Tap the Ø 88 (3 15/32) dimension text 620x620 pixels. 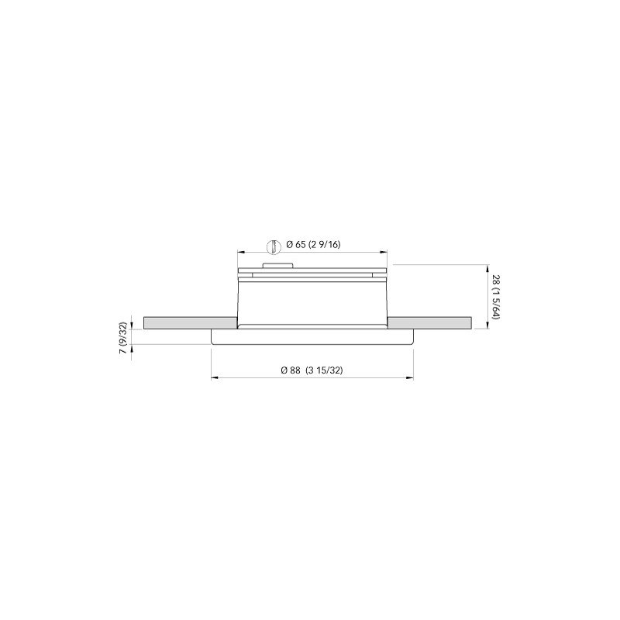pyautogui.click(x=312, y=370)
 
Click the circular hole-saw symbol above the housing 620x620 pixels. pyautogui.click(x=272, y=246)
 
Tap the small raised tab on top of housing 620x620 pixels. pyautogui.click(x=276, y=266)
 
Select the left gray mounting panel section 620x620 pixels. pyautogui.click(x=189, y=322)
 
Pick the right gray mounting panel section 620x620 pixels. pyautogui.click(x=430, y=322)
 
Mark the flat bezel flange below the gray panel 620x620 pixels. pyautogui.click(x=312, y=337)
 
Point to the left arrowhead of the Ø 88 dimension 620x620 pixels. pyautogui.click(x=215, y=378)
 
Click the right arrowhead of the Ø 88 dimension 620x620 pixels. pyautogui.click(x=410, y=378)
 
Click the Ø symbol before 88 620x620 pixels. pyautogui.click(x=285, y=370)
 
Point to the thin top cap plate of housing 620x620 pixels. pyautogui.click(x=312, y=271)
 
